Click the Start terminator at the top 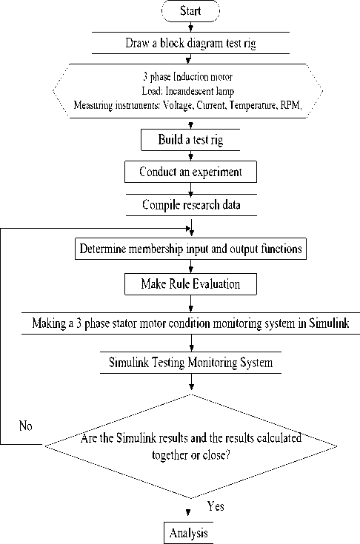tap(190, 11)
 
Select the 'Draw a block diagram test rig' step tap(190, 43)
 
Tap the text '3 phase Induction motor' tap(188, 77)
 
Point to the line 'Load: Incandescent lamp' tap(188, 91)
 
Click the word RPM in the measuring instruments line tap(291, 105)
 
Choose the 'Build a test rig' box tap(190, 140)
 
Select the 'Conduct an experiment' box tap(190, 172)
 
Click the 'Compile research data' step tap(191, 205)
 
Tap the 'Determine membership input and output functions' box tap(190, 249)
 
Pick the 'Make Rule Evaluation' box tap(190, 284)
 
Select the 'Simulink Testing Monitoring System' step tap(190, 363)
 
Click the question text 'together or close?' tap(190, 454)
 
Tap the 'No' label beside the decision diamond tap(26, 426)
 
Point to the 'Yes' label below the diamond tap(216, 506)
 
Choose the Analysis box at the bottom tap(188, 533)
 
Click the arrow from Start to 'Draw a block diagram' tap(190, 27)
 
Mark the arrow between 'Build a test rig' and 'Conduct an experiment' tap(190, 155)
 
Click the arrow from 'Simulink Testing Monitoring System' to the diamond tap(191, 382)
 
